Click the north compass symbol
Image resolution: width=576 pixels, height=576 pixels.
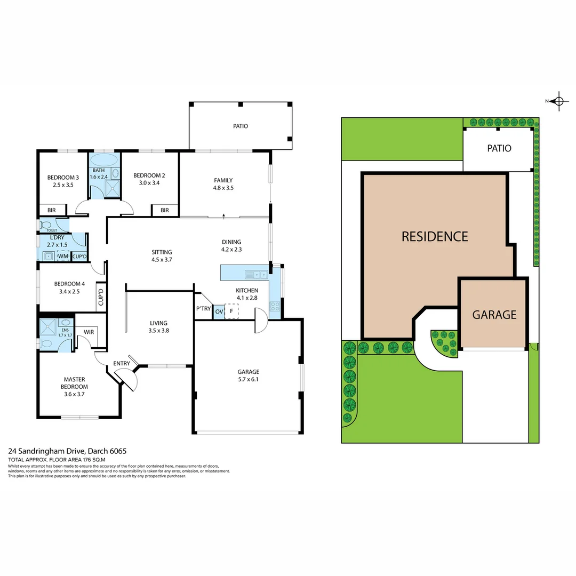click(558, 101)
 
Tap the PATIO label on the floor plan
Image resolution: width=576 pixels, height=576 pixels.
click(240, 126)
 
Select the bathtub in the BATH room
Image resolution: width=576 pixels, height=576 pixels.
click(104, 160)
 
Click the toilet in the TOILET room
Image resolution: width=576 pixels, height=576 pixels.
click(46, 225)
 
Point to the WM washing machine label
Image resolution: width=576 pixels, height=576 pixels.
click(63, 257)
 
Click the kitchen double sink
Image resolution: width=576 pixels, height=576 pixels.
click(257, 275)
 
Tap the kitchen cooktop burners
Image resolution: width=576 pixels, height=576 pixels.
click(275, 306)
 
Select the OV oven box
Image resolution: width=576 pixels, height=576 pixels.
click(219, 311)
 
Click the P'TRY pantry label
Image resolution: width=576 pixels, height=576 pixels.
click(203, 309)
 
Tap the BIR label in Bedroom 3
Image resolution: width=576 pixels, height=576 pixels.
click(52, 210)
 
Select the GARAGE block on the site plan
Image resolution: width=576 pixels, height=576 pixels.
click(494, 314)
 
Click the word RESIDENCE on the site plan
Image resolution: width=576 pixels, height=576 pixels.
click(434, 236)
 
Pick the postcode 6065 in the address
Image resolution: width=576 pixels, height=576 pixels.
click(117, 451)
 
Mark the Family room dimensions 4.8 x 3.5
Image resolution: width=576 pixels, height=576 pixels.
click(223, 188)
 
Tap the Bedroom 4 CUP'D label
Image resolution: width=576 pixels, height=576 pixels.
click(100, 299)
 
